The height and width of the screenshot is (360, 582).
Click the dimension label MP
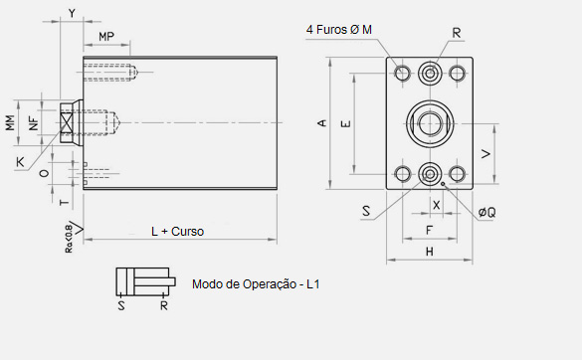[x=106, y=37]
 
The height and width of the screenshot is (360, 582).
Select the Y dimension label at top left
[x=72, y=13]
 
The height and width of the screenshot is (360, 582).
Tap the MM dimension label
[x=10, y=123]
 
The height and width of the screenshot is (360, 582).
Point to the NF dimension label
[x=34, y=123]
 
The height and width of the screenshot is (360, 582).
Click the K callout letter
[x=20, y=162]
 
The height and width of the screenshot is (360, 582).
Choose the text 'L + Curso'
[x=177, y=232]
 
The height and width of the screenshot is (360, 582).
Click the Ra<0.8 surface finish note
[x=69, y=239]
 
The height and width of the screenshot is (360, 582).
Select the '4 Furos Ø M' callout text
[x=339, y=29]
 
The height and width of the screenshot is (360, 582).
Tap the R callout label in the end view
[x=457, y=33]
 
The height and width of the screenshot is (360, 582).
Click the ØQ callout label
[x=486, y=212]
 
